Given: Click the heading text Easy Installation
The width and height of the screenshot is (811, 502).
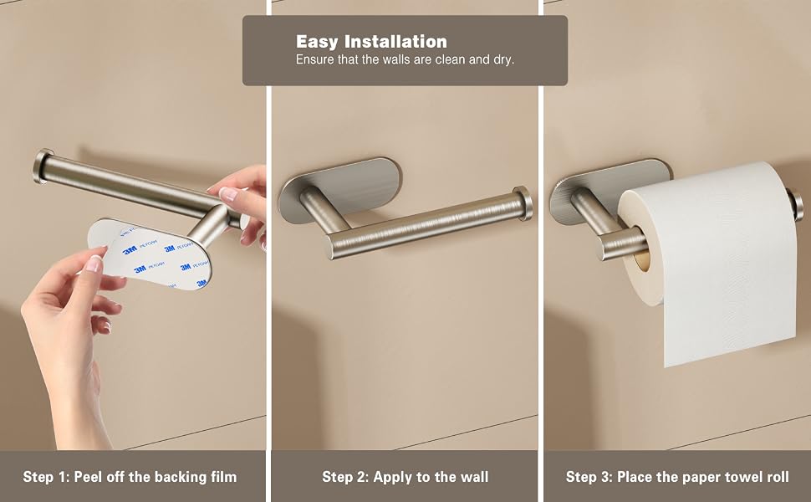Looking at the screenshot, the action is (x=371, y=41).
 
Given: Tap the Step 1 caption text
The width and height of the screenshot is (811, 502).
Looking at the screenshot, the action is (x=130, y=477).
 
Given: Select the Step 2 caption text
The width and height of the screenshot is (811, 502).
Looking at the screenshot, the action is (x=405, y=477).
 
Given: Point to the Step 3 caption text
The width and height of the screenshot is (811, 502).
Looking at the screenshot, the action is (x=677, y=477).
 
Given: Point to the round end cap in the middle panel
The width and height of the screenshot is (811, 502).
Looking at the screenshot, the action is (x=523, y=202).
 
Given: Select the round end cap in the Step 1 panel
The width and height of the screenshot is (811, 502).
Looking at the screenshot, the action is (x=42, y=166).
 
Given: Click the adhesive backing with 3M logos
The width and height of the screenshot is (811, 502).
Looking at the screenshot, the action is (x=150, y=254).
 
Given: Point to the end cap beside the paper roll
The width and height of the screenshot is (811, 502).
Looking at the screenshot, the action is (x=795, y=203).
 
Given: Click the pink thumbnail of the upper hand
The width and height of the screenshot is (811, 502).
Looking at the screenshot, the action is (x=228, y=194).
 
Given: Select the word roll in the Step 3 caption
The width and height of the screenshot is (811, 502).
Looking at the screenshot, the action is (x=778, y=477).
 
